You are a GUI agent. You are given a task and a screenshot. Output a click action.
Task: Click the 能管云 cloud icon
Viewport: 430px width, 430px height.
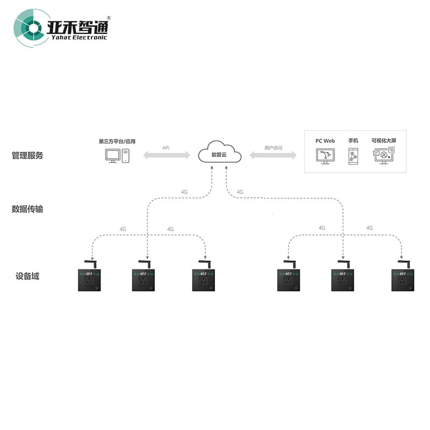pos(219,152)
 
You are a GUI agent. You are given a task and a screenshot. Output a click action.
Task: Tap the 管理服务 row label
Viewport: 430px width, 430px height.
pos(27,155)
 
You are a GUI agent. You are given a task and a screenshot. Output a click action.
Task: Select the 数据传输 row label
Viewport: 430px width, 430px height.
pos(27,209)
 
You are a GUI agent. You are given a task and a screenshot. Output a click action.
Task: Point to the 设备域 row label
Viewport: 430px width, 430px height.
pos(27,276)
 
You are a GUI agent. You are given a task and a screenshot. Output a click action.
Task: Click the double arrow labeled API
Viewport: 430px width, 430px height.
pos(167,155)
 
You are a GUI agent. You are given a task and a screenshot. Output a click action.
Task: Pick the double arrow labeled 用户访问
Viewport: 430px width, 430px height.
pos(273,155)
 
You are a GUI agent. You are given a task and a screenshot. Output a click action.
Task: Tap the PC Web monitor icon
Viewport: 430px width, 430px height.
pos(325,156)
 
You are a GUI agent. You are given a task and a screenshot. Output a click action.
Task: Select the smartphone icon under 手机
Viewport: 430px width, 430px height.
pos(353,156)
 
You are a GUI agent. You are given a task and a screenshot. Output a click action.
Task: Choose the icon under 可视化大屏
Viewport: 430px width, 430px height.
pos(383,156)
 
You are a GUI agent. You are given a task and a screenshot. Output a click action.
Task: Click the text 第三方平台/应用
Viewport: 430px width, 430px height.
pos(117,141)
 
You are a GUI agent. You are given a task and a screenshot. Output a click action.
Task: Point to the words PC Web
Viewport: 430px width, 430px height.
pos(325,141)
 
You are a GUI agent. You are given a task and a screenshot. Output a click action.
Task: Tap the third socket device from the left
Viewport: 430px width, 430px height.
pos(204,279)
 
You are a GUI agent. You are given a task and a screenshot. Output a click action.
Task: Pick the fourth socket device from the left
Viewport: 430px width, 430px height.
pos(289,279)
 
